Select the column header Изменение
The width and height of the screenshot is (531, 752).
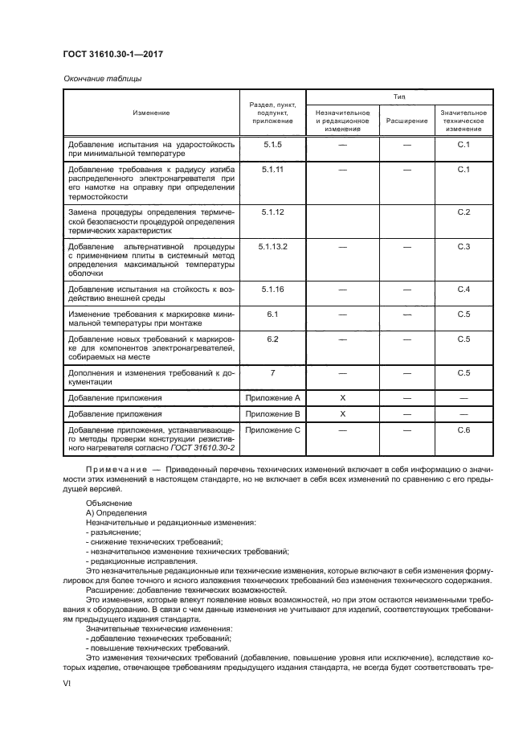click(x=151, y=113)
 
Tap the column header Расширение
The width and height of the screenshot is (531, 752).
click(x=406, y=121)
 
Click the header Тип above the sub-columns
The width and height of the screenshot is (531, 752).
click(x=398, y=97)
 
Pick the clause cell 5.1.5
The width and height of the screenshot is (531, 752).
click(x=272, y=144)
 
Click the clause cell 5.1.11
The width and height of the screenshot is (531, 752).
click(x=272, y=170)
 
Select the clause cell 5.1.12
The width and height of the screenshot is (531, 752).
click(x=272, y=211)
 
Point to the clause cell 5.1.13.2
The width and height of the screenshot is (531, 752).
click(x=272, y=245)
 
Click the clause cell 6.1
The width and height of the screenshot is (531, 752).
click(x=272, y=314)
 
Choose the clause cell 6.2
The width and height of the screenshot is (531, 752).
click(x=272, y=339)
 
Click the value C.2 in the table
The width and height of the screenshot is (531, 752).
click(x=463, y=211)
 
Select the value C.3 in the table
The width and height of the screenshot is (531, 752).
click(x=463, y=245)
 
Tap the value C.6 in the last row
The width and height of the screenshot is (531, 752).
click(x=463, y=430)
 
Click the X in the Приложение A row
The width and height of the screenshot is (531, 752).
click(x=342, y=397)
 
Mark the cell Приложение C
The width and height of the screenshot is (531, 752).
click(x=272, y=430)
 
